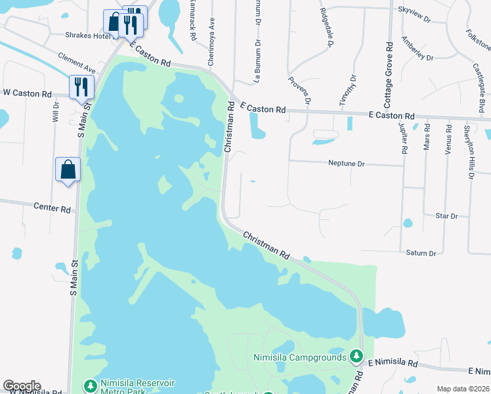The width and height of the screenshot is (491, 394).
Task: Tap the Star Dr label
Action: (x=446, y=215)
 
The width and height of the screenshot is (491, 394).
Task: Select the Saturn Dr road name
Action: (x=421, y=253)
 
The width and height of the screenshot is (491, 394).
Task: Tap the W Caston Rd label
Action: (x=27, y=94)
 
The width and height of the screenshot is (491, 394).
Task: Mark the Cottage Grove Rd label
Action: (x=389, y=75)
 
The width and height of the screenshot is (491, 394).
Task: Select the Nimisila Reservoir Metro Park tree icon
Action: (x=90, y=384)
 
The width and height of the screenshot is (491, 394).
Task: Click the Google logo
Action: (x=22, y=386)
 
